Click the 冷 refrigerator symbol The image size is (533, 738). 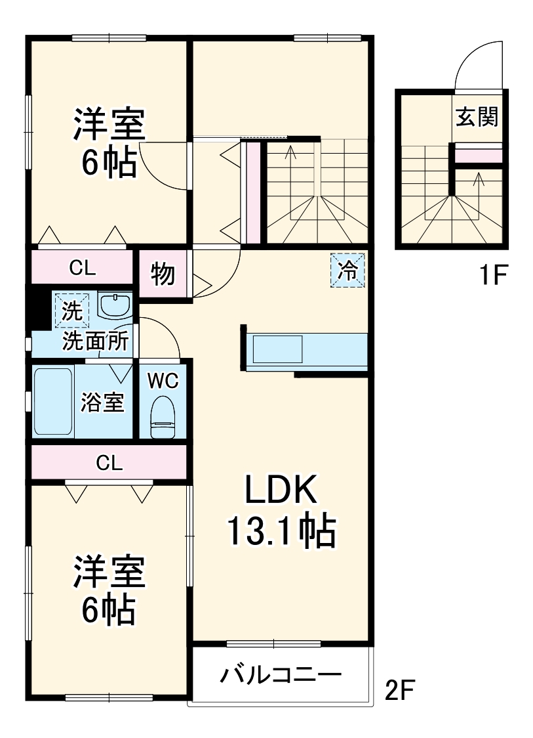pyautogui.click(x=347, y=270)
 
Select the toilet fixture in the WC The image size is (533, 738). pyautogui.click(x=163, y=417)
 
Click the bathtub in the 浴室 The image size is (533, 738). pyautogui.click(x=52, y=401)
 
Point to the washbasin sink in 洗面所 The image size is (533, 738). pyautogui.click(x=115, y=305)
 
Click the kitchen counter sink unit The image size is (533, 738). pyautogui.click(x=278, y=349)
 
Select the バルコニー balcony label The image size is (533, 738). pyautogui.click(x=280, y=676)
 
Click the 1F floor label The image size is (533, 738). pyautogui.click(x=491, y=276)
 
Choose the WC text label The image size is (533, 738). pyautogui.click(x=161, y=380)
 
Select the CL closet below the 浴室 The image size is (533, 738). pyautogui.click(x=109, y=463)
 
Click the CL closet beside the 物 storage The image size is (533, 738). pyautogui.click(x=83, y=267)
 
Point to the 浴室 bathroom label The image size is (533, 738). pyautogui.click(x=102, y=402)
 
